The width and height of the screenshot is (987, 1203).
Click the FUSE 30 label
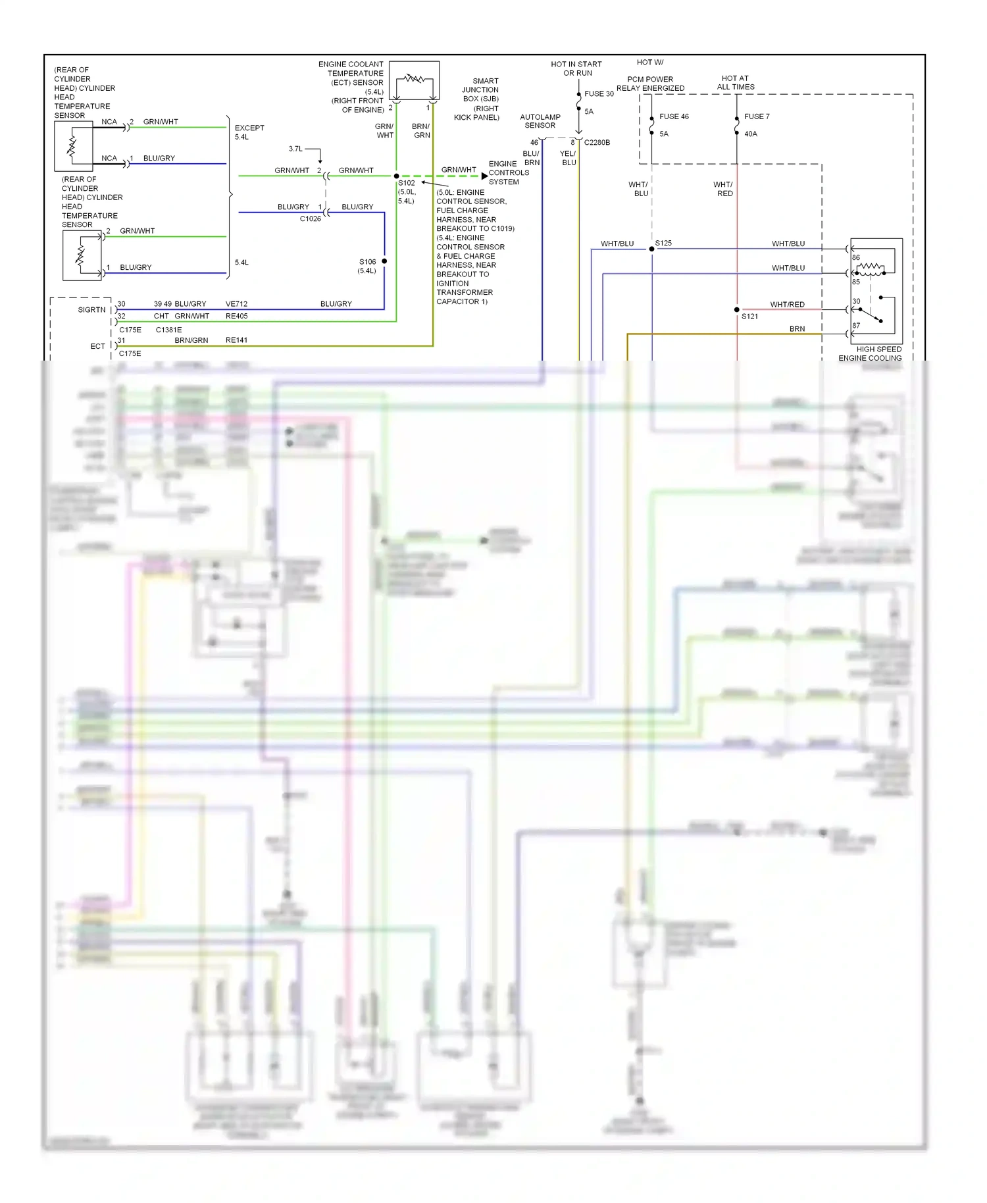598,93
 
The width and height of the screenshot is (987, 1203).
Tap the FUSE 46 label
674,116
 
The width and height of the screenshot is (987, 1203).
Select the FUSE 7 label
756,116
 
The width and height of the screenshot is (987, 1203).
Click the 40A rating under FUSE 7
750,134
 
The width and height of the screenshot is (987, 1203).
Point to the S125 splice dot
651,249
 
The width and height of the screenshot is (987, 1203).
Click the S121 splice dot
736,309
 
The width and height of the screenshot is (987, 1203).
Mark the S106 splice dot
384,261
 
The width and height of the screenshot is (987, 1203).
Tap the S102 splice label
407,183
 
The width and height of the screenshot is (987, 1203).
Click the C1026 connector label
310,218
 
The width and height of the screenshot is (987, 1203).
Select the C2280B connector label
597,142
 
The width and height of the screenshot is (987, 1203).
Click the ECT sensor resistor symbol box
414,80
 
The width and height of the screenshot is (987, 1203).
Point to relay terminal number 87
856,326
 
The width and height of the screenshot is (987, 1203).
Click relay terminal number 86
856,257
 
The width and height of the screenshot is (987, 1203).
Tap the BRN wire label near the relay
797,328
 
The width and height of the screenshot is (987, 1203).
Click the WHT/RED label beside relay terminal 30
787,304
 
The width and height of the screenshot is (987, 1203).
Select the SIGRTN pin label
91,309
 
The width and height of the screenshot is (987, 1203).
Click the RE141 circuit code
236,340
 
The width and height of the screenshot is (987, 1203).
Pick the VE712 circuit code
236,304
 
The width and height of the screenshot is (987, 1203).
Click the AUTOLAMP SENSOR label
540,121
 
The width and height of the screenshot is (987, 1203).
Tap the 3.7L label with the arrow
295,149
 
